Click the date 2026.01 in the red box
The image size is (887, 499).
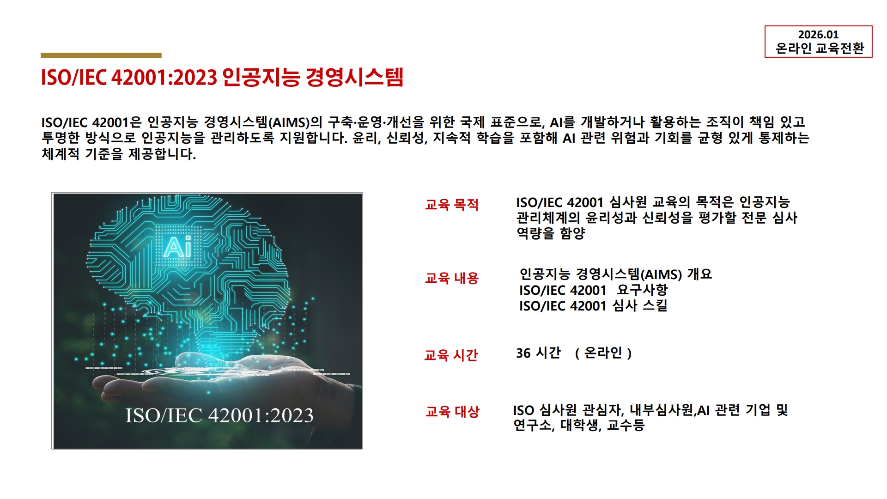point(818,35)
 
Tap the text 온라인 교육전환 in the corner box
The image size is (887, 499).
point(820,48)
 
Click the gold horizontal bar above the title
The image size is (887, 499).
point(101,55)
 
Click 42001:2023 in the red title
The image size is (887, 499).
point(164,77)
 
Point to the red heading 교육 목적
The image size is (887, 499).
point(452,205)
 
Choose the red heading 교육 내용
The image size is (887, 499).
point(452,278)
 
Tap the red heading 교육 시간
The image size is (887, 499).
point(451,355)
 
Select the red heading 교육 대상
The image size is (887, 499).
point(453,411)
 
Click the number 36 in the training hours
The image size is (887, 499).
point(523,353)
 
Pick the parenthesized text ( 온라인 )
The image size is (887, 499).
point(603,353)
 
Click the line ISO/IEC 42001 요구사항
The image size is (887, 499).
point(593,290)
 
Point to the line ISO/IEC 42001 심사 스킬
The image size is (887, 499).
point(593,306)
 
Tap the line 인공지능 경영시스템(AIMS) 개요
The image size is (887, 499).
point(616,274)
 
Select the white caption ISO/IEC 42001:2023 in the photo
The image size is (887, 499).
point(219,415)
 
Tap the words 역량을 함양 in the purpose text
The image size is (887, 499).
point(551,233)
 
